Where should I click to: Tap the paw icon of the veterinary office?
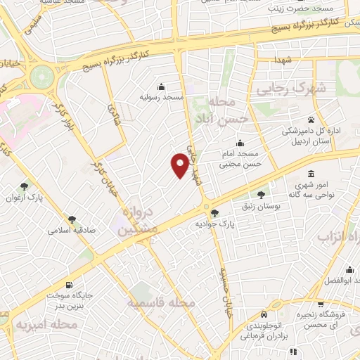click(x=311, y=117)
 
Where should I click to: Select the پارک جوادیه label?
click(x=214, y=223)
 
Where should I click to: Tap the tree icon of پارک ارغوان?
click(x=25, y=186)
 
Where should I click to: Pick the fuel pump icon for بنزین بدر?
click(x=69, y=285)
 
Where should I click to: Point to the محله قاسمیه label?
click(x=161, y=302)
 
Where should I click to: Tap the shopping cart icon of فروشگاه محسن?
click(x=321, y=304)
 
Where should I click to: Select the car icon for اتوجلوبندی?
click(x=263, y=315)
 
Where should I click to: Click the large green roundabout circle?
click(x=41, y=73)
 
